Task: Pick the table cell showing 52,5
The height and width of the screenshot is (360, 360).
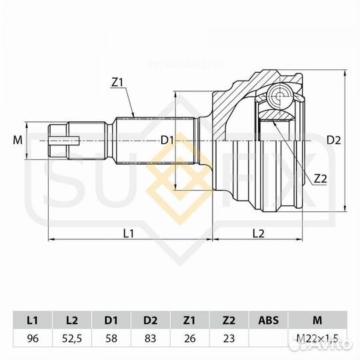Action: click(x=72, y=338)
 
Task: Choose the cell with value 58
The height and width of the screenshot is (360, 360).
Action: click(x=111, y=338)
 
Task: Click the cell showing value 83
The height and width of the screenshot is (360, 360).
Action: click(x=150, y=338)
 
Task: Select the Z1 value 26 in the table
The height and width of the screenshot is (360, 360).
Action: click(x=189, y=338)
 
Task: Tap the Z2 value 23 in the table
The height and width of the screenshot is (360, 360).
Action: click(x=228, y=338)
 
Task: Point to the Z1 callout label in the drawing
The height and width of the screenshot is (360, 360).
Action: click(x=118, y=83)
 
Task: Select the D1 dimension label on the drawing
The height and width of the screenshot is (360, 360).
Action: click(x=167, y=140)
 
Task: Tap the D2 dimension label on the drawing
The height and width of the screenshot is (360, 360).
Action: click(x=334, y=140)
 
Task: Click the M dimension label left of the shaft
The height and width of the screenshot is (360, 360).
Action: click(x=18, y=140)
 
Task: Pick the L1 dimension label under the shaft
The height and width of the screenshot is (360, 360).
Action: click(x=129, y=233)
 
